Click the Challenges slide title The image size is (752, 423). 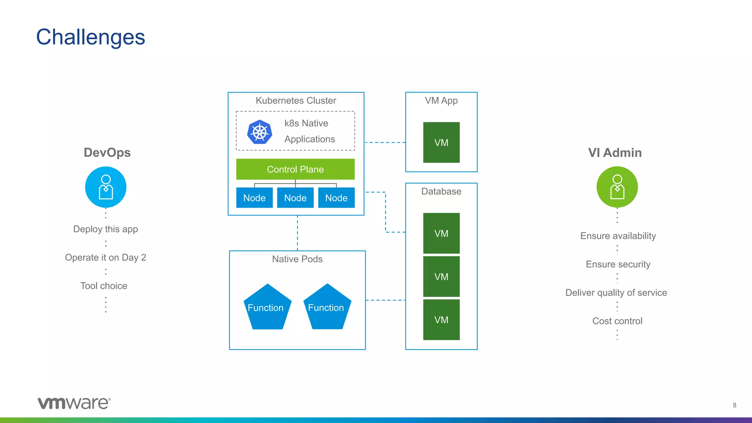(90, 37)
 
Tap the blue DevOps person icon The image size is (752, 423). (106, 187)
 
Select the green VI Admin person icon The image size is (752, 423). (617, 187)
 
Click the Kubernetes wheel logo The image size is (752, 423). (260, 132)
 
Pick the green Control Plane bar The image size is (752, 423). (295, 169)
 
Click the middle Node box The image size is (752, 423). (295, 198)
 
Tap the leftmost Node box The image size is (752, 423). (254, 198)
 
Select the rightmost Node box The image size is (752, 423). (336, 198)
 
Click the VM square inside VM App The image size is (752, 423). (441, 142)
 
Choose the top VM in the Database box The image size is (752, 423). (441, 233)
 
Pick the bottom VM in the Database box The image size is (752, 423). (441, 320)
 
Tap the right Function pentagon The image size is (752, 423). (327, 307)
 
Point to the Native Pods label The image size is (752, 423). (297, 259)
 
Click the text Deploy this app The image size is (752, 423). (105, 229)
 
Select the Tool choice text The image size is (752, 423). (104, 286)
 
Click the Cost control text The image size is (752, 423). (617, 321)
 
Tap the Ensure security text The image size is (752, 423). (618, 264)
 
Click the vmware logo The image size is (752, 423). (74, 403)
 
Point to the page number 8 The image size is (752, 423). (734, 405)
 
